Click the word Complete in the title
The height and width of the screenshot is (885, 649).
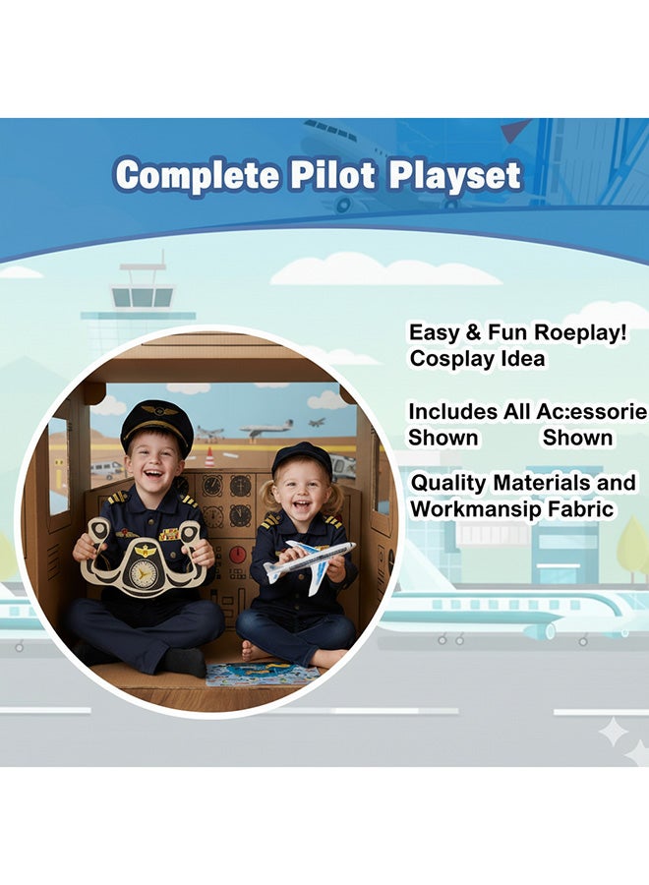click(197, 175)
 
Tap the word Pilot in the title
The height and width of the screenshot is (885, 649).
click(332, 174)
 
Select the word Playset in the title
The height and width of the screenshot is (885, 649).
click(454, 176)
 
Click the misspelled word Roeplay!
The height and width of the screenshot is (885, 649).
click(581, 333)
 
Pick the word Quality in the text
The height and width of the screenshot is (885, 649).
click(448, 484)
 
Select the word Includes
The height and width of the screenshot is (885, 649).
click(452, 411)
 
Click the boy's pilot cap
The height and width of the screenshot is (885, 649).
click(156, 425)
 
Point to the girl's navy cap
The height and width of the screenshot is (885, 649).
click(303, 459)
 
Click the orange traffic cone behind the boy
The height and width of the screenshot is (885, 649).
click(209, 457)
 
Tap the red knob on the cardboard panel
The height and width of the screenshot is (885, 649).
click(238, 552)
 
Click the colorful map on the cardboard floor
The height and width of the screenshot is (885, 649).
click(263, 674)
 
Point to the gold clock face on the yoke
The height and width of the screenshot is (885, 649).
click(144, 572)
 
